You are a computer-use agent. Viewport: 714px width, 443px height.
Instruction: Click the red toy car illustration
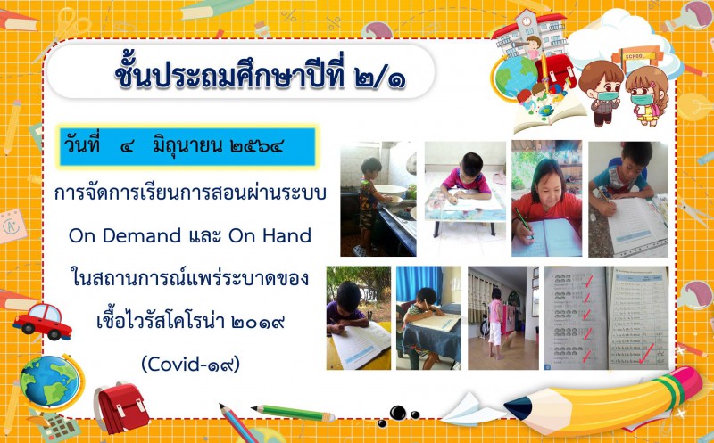[x=42, y=321]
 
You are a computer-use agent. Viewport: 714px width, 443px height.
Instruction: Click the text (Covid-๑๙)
[x=190, y=364]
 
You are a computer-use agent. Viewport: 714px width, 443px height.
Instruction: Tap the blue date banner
[x=187, y=146]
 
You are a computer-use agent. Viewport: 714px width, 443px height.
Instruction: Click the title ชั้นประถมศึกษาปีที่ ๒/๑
[x=260, y=75]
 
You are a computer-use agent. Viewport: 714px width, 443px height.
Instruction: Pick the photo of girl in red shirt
[x=546, y=198]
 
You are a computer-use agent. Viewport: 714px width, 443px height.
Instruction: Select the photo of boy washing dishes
[x=378, y=199]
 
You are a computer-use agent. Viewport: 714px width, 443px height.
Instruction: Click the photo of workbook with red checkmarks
[x=606, y=317]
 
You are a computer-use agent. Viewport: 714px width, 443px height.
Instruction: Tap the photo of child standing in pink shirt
[x=503, y=317]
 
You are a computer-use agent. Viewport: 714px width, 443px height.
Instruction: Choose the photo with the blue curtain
[x=428, y=317]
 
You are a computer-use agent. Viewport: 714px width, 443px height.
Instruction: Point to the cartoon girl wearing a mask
[x=647, y=96]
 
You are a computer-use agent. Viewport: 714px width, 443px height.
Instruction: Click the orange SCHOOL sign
[x=635, y=56]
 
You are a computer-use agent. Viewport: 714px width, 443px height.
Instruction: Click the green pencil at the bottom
[x=294, y=413]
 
